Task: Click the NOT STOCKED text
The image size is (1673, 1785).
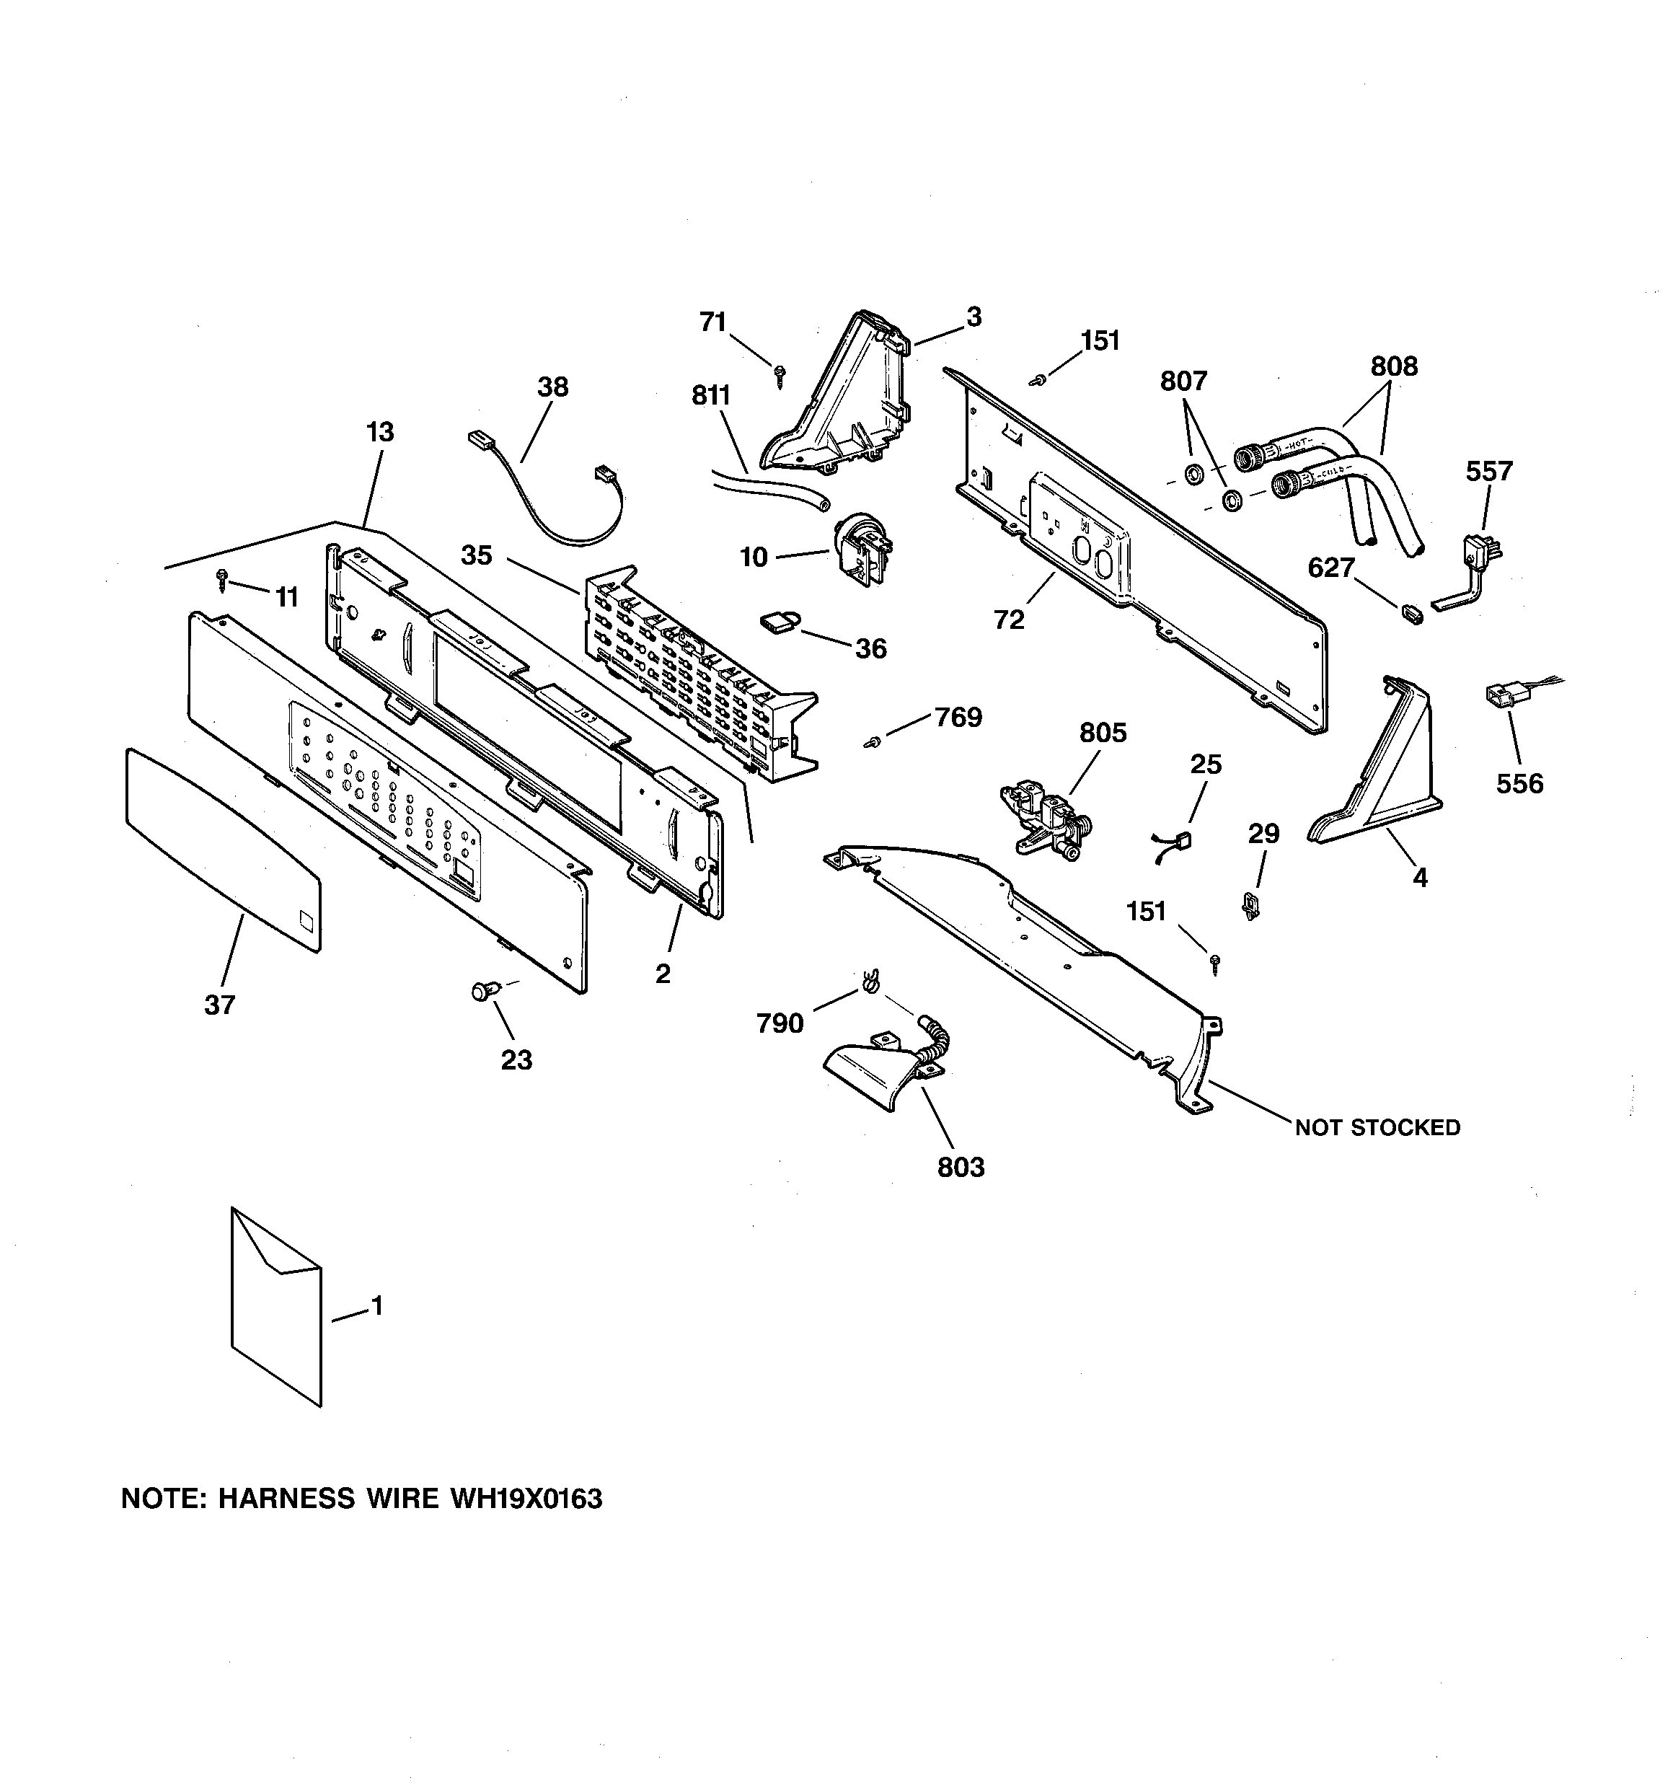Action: point(1377,1128)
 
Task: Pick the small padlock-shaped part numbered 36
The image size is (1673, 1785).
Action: point(780,622)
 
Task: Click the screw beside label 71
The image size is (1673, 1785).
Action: point(780,374)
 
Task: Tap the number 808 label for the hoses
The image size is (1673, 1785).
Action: point(1394,366)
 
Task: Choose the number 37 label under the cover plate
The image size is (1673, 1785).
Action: point(219,1005)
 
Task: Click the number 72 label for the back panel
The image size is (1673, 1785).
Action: point(1008,620)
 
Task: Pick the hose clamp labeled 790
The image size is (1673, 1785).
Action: point(868,982)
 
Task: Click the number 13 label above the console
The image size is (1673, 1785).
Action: point(380,432)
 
